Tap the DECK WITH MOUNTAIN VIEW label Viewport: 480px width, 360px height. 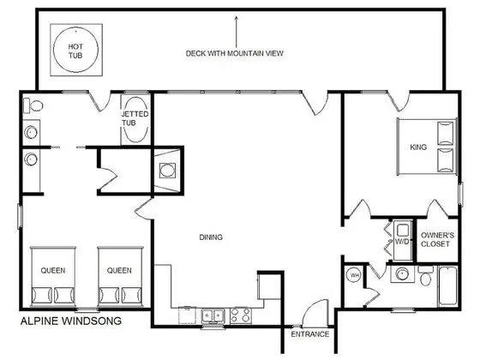tap(235, 53)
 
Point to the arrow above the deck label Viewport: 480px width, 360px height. tap(236, 32)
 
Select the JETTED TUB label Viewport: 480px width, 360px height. tap(135, 118)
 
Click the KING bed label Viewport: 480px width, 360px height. tap(418, 147)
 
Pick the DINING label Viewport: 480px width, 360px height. tap(211, 237)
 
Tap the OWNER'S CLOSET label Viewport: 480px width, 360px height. tap(437, 240)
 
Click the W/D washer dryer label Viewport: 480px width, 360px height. tap(402, 242)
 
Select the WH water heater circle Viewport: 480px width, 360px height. tap(354, 275)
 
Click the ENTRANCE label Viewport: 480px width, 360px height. tap(309, 334)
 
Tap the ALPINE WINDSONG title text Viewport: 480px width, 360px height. tap(71, 321)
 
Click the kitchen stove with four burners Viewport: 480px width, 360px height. tap(241, 315)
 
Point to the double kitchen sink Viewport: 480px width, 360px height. tap(213, 315)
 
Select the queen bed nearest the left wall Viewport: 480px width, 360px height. tap(53, 276)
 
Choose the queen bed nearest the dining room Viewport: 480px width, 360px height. tap(120, 276)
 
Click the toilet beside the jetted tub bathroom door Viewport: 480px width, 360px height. tap(33, 105)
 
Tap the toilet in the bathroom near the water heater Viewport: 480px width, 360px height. tap(425, 276)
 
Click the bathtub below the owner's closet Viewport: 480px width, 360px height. tap(447, 286)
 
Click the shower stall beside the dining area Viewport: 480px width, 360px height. tap(167, 171)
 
